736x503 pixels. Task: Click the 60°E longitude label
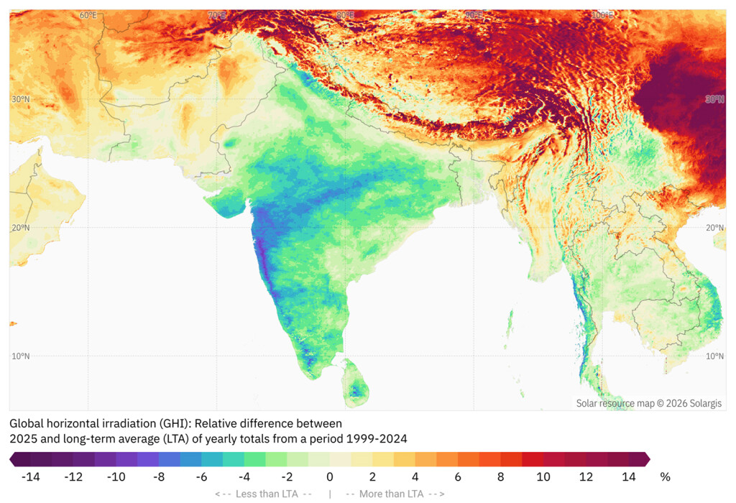point(88,15)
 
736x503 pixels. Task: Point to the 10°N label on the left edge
point(20,356)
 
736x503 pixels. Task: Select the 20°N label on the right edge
point(714,228)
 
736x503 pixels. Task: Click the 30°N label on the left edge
point(20,99)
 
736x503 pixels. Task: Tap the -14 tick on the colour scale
point(30,476)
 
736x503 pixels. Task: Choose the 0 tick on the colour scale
point(330,476)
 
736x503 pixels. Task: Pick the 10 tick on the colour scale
point(543,476)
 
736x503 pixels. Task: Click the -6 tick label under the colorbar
point(201,476)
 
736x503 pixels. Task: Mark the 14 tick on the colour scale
point(629,476)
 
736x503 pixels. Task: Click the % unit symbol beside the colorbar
point(665,476)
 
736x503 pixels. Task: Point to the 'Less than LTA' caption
point(263,494)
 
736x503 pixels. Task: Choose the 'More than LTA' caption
point(395,494)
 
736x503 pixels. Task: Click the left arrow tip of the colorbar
point(11,458)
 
